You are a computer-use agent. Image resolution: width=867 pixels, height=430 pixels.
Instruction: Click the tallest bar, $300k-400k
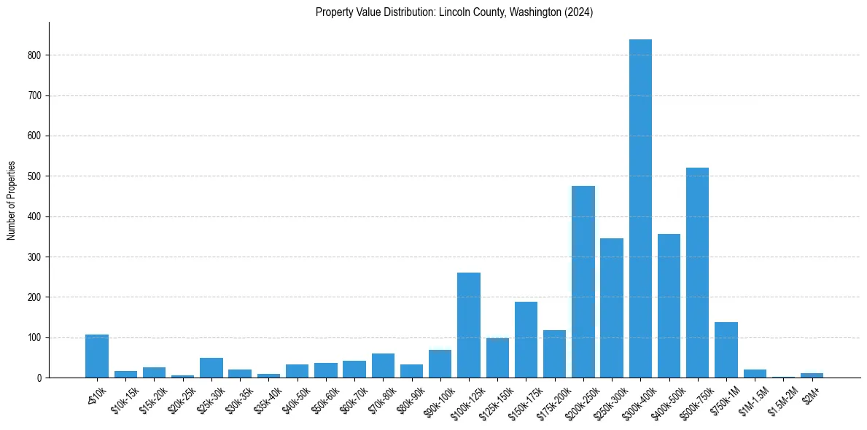click(640, 208)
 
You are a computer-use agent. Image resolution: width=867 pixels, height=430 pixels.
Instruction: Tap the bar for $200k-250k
click(583, 282)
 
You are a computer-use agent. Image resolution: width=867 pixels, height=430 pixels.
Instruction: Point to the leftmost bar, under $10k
click(97, 356)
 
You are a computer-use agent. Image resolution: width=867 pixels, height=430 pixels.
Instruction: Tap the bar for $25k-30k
click(211, 368)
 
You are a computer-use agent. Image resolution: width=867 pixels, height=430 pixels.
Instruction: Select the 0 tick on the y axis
click(44, 378)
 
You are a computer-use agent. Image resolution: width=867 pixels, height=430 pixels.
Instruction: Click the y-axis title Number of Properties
click(12, 200)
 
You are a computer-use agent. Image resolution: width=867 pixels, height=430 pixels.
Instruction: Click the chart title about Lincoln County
click(454, 12)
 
